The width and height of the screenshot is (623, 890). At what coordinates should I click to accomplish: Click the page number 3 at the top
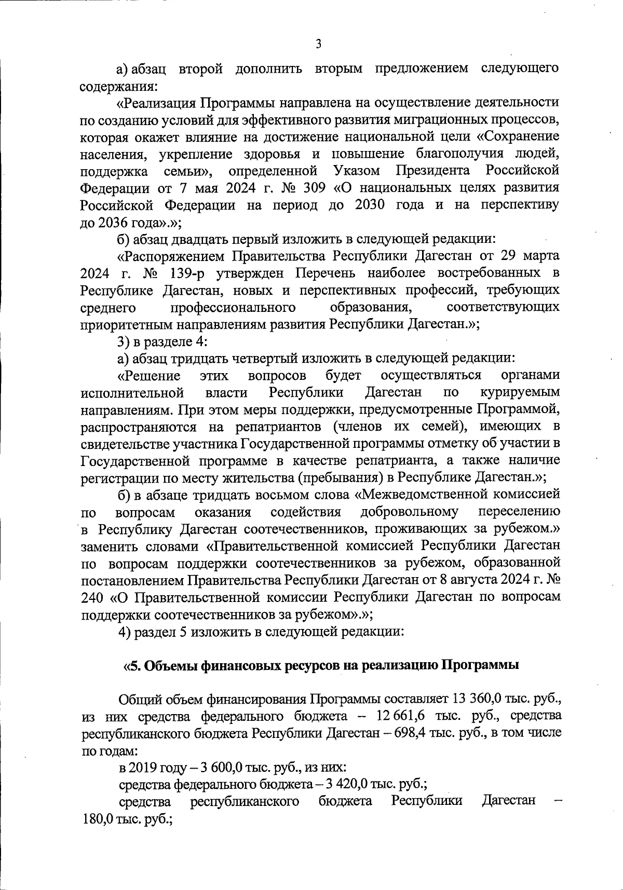point(318,45)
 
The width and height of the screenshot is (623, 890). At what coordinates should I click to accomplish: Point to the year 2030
point(370,204)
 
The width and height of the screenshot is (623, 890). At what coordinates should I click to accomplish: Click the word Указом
point(357,170)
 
